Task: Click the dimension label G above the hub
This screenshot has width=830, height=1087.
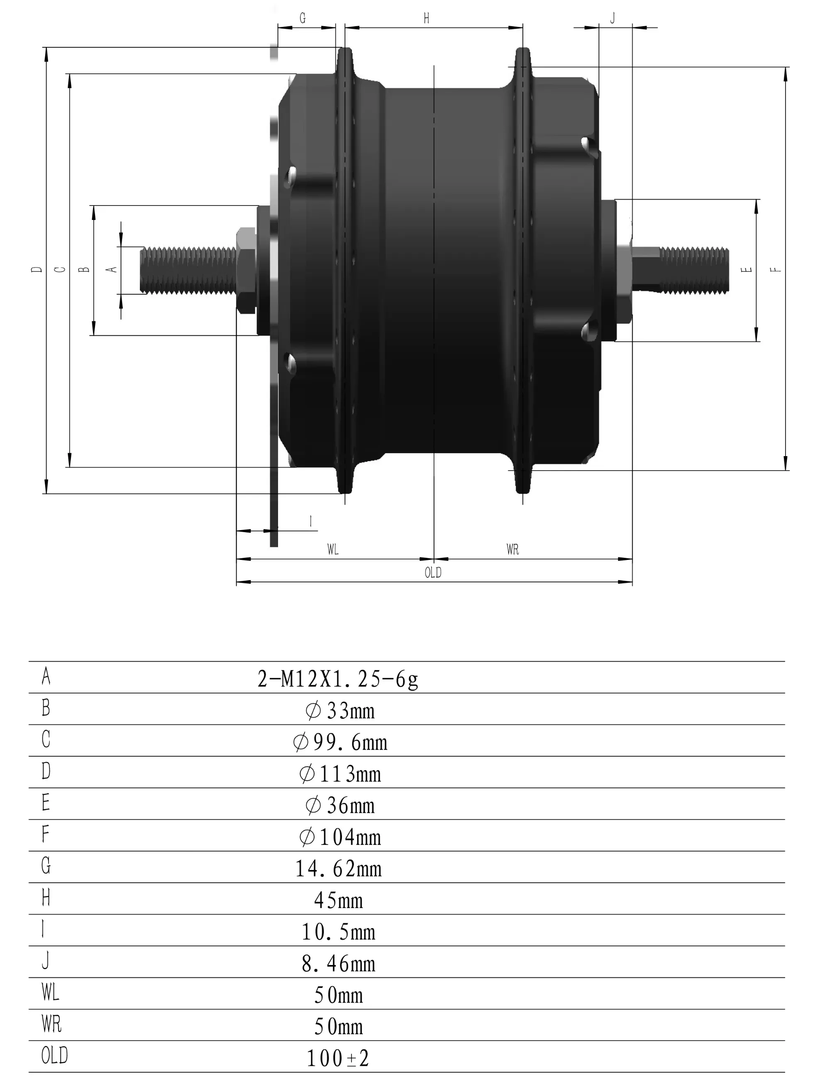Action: point(303,18)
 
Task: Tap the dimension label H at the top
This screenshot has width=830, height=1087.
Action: point(426,18)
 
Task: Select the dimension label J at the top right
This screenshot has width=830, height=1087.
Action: point(613,18)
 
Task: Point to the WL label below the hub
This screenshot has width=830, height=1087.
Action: point(333,550)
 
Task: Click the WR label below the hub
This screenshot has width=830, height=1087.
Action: point(513,550)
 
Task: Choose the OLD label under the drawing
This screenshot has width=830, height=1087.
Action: point(433,573)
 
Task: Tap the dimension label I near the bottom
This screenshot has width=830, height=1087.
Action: point(310,521)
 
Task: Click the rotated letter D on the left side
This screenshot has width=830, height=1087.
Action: point(37,269)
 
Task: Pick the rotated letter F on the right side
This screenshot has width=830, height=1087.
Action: point(776,269)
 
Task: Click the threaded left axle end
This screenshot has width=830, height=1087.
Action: point(188,270)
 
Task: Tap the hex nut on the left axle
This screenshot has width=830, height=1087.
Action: point(246,270)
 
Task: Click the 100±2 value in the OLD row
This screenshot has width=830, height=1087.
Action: point(338,1058)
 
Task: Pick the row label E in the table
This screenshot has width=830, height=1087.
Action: point(46,802)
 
